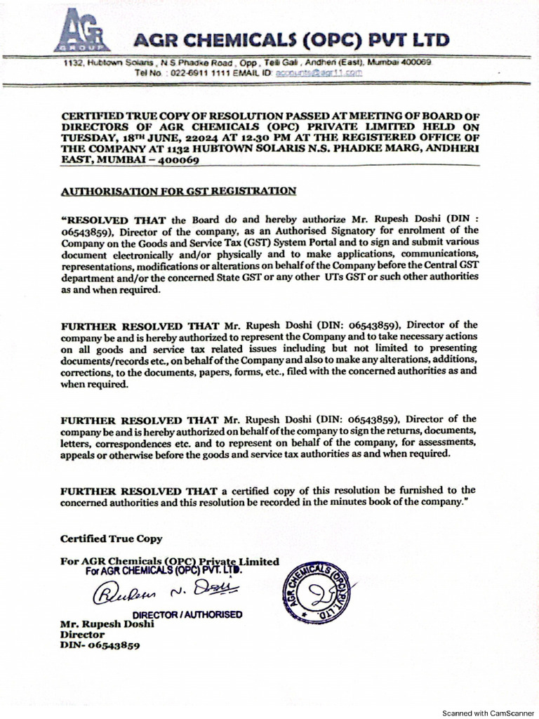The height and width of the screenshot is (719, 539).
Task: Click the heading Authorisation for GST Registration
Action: pyautogui.click(x=178, y=190)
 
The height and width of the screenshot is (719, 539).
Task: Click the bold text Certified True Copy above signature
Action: pyautogui.click(x=111, y=539)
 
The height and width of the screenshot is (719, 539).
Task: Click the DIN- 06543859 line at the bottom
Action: pyautogui.click(x=99, y=645)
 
